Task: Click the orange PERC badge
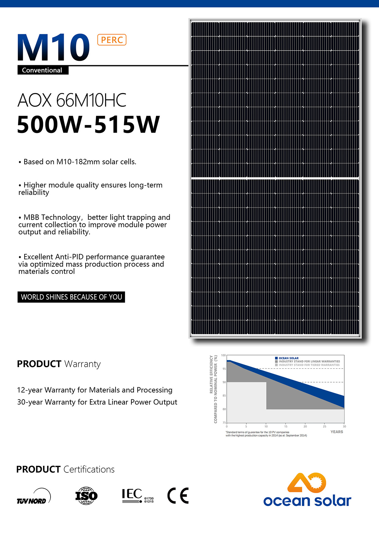[x=112, y=40]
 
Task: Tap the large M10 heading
[x=54, y=47]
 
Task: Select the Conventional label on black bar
[x=42, y=70]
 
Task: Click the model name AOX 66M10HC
[x=72, y=100]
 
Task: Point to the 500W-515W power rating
[x=88, y=124]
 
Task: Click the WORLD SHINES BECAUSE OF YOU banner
[x=71, y=297]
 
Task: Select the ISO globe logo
[x=86, y=496]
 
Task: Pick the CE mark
[x=178, y=496]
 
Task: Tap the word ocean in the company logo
[x=287, y=501]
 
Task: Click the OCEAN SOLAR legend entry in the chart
[x=288, y=358]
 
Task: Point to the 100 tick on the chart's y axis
[x=224, y=355]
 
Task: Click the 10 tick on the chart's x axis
[x=266, y=427]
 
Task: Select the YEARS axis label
[x=337, y=432]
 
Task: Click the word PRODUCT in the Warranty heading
[x=39, y=364]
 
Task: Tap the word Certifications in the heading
[x=89, y=469]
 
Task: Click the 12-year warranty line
[x=95, y=390]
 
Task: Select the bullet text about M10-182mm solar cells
[x=80, y=162]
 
